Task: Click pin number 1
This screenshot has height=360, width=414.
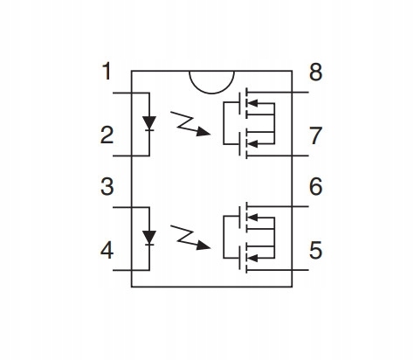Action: click(107, 72)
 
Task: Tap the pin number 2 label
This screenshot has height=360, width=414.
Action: click(107, 135)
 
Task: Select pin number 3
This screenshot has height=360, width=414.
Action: click(107, 187)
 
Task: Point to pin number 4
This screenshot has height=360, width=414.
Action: click(107, 251)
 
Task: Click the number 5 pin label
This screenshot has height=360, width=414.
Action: click(315, 250)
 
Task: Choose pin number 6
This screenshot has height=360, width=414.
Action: click(315, 186)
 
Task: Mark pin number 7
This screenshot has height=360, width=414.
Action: click(316, 135)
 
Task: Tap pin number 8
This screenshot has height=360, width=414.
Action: click(315, 72)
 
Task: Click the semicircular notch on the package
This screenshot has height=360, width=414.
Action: click(211, 93)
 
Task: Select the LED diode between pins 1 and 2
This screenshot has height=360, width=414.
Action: click(149, 123)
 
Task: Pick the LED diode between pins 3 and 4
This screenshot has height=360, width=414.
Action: click(149, 238)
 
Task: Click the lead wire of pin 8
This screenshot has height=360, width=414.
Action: click(277, 93)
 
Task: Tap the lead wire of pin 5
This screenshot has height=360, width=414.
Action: click(277, 270)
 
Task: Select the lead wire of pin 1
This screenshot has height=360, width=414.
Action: click(131, 93)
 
